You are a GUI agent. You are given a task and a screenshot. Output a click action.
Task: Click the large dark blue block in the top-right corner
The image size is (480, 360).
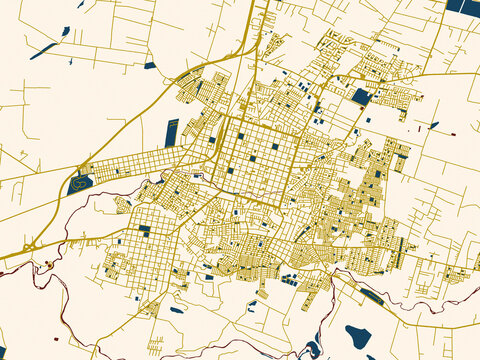click(463, 6)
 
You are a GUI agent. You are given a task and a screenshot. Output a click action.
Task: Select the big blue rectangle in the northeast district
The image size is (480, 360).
click(361, 97)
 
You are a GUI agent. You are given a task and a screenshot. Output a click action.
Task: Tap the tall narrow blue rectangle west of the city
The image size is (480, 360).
click(171, 132)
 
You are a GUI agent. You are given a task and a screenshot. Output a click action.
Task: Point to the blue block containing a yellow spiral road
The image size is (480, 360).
click(80, 183)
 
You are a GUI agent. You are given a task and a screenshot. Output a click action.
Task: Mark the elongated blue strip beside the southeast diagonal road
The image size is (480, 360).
click(371, 295)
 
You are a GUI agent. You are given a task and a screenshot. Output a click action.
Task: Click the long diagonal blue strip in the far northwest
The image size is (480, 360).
click(44, 50)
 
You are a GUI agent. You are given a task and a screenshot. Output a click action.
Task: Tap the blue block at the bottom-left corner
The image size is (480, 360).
click(5, 354)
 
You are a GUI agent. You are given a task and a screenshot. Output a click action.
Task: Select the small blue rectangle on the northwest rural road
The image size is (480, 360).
click(149, 66)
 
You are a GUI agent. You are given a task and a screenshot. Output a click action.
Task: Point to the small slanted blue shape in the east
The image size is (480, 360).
click(433, 125)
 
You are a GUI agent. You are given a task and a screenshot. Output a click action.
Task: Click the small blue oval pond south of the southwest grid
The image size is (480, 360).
click(176, 310)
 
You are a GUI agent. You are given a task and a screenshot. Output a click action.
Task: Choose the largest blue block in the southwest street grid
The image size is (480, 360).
click(144, 230)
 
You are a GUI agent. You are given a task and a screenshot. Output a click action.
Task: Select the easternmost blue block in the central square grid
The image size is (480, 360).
click(275, 147)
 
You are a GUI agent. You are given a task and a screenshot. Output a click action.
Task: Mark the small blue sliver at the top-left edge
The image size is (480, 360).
click(80, 4)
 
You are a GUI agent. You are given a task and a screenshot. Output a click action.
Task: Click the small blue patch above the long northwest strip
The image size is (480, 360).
click(65, 31)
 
